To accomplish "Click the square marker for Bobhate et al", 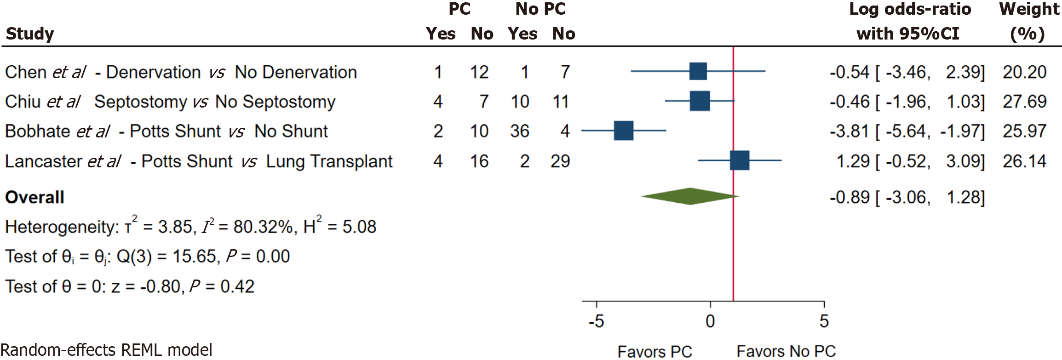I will (623, 131).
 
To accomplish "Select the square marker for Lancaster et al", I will (740, 160).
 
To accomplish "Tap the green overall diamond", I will (690, 196).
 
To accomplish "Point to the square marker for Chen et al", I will (698, 71).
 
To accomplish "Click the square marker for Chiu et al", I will (700, 101).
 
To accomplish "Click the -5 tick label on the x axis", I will (596, 321).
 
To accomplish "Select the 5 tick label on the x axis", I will (824, 321).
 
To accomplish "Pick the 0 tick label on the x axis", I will (710, 321).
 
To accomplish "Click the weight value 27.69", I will (1024, 102).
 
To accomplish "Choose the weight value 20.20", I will (1024, 72).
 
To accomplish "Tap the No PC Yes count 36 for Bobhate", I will (520, 131).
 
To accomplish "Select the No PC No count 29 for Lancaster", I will (560, 161).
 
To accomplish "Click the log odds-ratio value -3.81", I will (850, 131).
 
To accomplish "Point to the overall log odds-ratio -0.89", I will (850, 198).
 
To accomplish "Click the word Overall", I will (34, 198).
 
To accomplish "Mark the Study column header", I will (30, 34).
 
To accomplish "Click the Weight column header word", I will (1029, 9).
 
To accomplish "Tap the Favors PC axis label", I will (654, 352).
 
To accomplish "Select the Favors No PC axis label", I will (786, 352).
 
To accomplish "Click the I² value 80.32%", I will (262, 227).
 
